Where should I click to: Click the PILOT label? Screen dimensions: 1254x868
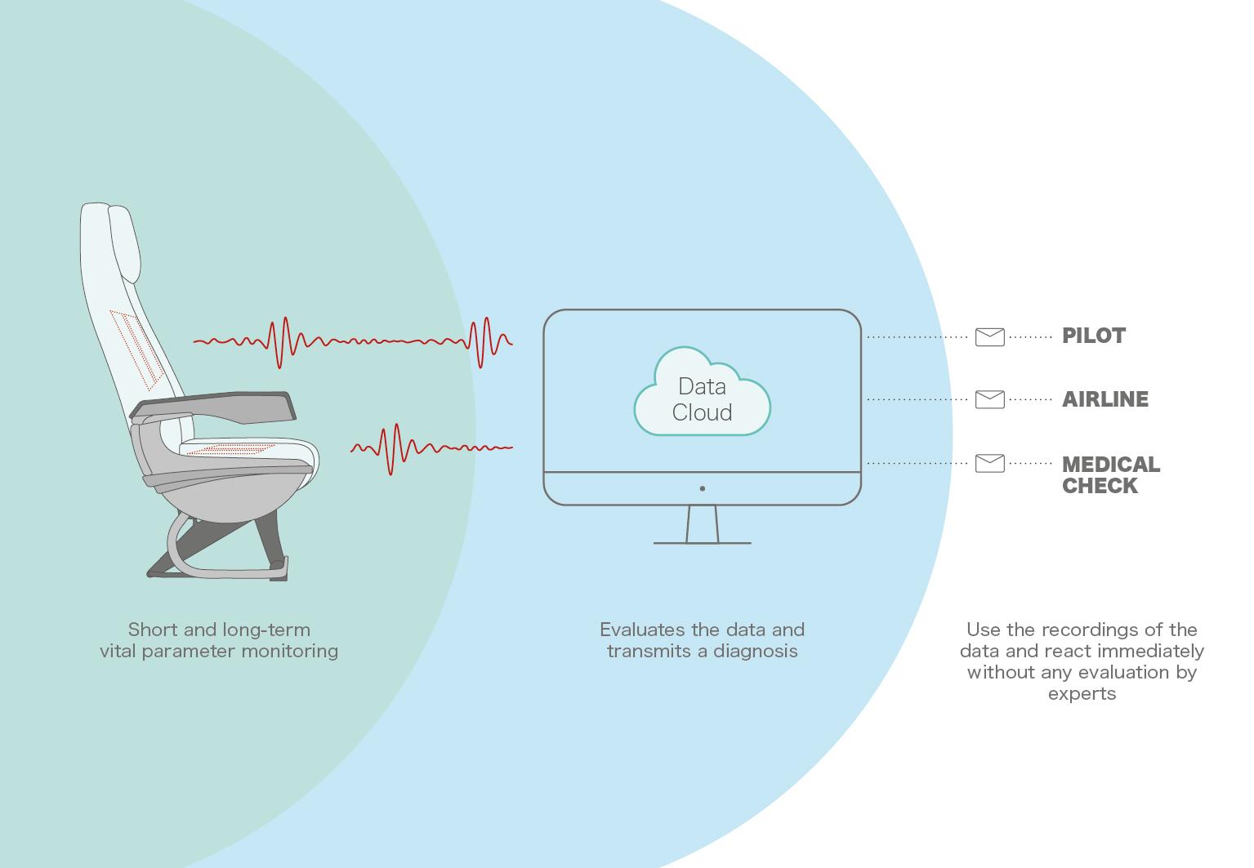click(1093, 336)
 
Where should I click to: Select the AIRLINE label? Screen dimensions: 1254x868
click(1105, 399)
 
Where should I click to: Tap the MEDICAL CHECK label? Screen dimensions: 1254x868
click(1111, 475)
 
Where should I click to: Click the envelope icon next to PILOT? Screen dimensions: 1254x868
click(990, 337)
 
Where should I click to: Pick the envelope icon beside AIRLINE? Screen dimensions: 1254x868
click(990, 399)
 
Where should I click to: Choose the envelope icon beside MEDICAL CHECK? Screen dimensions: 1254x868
click(990, 463)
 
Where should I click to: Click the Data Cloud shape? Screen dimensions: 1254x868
click(702, 392)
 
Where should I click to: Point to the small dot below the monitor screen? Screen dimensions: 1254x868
click(703, 488)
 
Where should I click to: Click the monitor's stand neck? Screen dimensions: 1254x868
click(702, 524)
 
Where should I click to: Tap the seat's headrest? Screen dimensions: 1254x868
click(124, 243)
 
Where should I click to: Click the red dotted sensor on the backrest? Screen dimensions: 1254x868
click(136, 349)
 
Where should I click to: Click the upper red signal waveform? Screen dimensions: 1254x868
click(353, 342)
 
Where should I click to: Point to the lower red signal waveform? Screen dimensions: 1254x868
click(431, 449)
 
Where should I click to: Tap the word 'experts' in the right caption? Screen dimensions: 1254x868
click(1082, 695)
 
